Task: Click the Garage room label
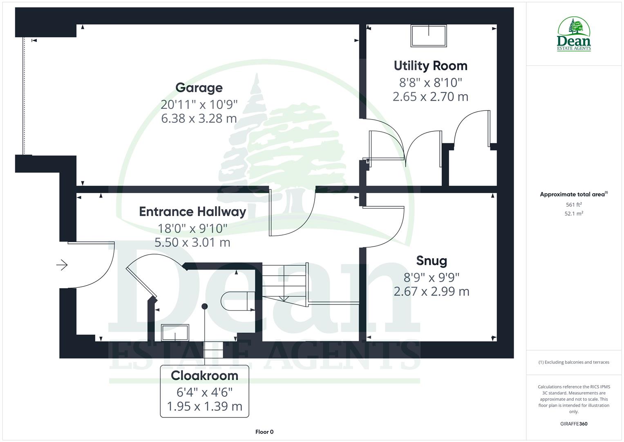point(199,88)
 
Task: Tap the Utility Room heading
point(430,66)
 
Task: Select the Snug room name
point(432,261)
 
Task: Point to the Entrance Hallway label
point(192,212)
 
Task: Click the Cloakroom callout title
point(204,375)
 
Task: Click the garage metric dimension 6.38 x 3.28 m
point(199,119)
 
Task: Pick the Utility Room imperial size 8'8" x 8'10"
point(430,83)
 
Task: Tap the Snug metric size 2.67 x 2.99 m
point(432,291)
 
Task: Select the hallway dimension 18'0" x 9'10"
point(192,228)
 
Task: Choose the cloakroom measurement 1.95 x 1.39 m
point(204,406)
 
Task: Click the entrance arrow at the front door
point(62,265)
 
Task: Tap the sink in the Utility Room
point(429,36)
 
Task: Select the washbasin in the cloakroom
point(175,332)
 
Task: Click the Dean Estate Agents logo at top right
point(574,34)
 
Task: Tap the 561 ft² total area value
point(574,205)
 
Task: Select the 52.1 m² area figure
point(574,214)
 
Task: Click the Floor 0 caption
point(264,432)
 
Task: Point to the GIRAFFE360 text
point(574,424)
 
